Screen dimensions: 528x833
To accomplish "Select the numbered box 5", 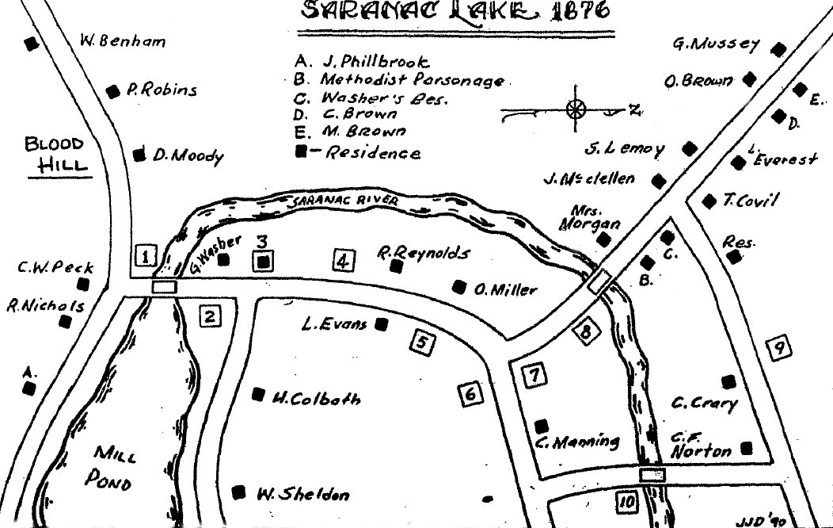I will pyautogui.click(x=423, y=342).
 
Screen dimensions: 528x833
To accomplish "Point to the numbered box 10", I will pyautogui.click(x=626, y=502).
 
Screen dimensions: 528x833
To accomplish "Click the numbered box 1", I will pyautogui.click(x=147, y=256).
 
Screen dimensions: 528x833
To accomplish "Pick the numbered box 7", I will pyautogui.click(x=535, y=375).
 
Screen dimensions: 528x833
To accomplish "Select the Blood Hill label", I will pyautogui.click(x=54, y=155).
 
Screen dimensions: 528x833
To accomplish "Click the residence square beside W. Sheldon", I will pyautogui.click(x=238, y=492).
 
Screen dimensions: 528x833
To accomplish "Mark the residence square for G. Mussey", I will pyautogui.click(x=779, y=49).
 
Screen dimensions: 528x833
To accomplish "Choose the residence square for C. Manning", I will pyautogui.click(x=542, y=425).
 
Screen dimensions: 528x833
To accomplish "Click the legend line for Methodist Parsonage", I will pyautogui.click(x=399, y=80).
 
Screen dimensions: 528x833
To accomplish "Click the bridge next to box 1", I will pyautogui.click(x=163, y=287).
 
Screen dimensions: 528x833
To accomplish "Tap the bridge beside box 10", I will pyautogui.click(x=652, y=474).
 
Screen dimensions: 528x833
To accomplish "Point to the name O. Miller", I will pyautogui.click(x=505, y=290).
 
